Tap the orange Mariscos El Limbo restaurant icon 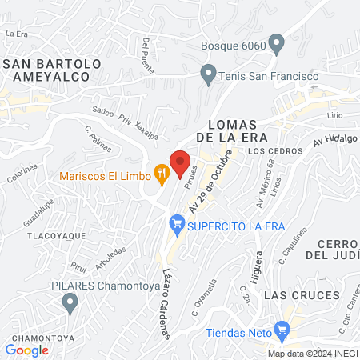click(x=162, y=170)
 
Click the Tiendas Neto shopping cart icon click(x=281, y=328)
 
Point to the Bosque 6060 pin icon click(x=277, y=44)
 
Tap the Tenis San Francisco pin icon click(x=208, y=77)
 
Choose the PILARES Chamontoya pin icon click(x=70, y=302)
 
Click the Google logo click(x=26, y=350)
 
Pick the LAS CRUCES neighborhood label click(x=298, y=295)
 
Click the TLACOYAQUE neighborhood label click(x=40, y=238)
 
